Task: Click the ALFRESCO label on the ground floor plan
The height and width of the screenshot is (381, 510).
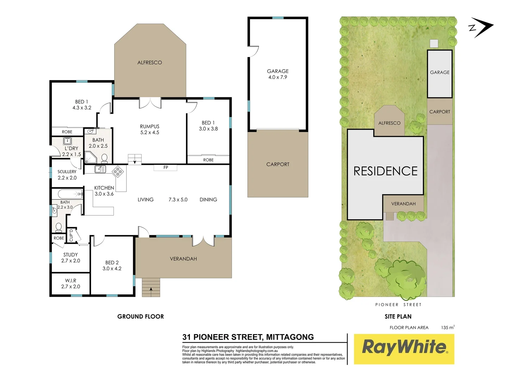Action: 149,62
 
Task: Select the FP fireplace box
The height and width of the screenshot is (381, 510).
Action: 165,168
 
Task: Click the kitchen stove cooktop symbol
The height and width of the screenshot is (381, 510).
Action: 118,172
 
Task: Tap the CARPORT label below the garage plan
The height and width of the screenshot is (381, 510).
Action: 278,164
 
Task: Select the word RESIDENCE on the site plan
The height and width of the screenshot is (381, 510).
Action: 385,171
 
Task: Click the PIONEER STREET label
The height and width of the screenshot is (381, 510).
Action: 398,304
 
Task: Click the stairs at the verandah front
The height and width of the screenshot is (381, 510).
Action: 151,287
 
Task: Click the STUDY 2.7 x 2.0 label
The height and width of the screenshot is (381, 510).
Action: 70,258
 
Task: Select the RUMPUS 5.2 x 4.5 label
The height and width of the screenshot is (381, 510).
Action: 149,129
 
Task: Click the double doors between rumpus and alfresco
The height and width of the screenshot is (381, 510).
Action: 150,103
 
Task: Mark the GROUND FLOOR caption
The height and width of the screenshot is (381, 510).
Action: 140,316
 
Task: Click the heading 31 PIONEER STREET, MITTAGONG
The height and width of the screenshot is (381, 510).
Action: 248,337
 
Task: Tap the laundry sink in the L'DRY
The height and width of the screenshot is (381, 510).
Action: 67,141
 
